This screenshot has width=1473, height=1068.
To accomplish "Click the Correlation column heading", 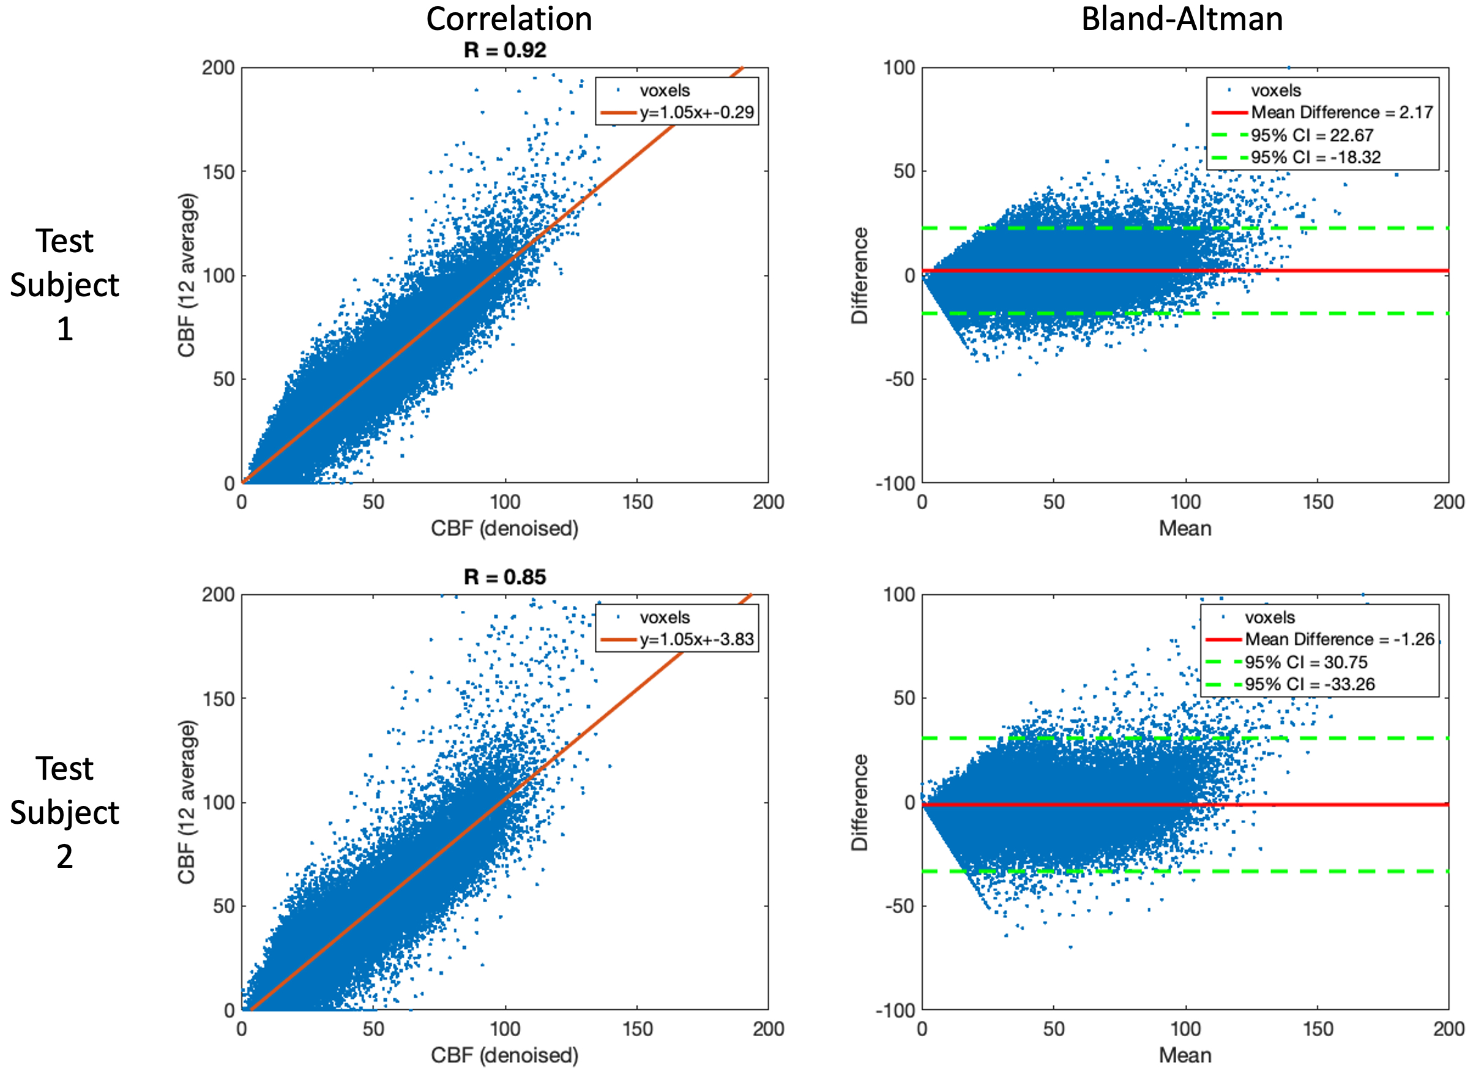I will (509, 18).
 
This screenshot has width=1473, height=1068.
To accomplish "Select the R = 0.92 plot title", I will (505, 50).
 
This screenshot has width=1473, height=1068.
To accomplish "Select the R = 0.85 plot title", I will (505, 577).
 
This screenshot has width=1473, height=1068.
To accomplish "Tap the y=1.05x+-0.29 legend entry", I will (696, 113).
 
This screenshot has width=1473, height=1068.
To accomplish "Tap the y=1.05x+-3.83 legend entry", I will (696, 639).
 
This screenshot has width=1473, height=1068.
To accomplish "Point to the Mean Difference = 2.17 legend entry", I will (1341, 113).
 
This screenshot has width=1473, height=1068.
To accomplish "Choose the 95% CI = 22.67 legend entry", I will (1312, 135).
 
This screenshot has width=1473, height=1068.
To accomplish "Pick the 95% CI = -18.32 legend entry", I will (1315, 157).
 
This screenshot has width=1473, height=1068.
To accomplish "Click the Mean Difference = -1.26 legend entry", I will (1338, 639).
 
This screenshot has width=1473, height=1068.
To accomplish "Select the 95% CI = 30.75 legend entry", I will (1305, 662).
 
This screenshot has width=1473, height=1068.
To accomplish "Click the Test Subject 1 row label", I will (64, 285).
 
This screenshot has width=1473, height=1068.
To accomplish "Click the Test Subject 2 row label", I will (64, 812).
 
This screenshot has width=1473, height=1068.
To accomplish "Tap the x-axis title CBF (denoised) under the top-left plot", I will (505, 528).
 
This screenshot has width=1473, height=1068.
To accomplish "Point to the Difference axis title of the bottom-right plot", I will (859, 802).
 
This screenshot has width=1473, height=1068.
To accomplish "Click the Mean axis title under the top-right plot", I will (1185, 528).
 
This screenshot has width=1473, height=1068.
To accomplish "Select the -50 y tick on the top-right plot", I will (900, 379).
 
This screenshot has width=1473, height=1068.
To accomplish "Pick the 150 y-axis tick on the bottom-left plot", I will (218, 699).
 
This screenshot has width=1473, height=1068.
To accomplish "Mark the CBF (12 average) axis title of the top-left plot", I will (187, 275).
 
